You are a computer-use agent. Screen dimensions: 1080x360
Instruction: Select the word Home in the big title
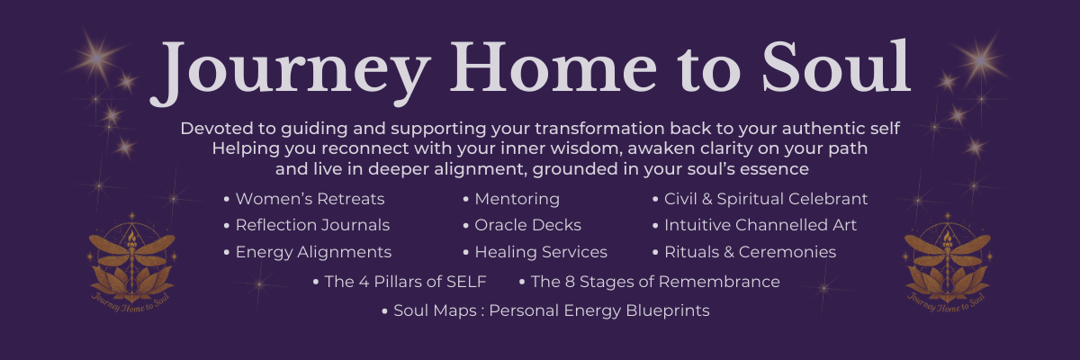point(553,67)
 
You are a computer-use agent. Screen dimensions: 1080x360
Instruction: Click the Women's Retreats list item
point(310,199)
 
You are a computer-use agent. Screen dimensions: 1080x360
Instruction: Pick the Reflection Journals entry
point(312,225)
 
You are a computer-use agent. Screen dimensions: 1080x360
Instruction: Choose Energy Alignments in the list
point(313,252)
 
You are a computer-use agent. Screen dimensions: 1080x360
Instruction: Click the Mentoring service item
point(517,199)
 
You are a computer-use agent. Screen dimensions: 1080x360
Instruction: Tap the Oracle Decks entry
point(528,225)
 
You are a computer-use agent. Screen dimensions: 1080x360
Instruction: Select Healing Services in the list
point(541,252)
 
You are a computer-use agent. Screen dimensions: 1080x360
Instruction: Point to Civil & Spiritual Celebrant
point(766,199)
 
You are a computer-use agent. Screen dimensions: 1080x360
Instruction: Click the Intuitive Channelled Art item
point(760,225)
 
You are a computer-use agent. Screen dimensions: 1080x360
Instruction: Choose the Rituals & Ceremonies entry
point(751,252)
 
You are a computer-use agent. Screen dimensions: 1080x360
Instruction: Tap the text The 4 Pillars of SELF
point(405,282)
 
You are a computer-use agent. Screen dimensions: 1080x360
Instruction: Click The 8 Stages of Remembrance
point(655,282)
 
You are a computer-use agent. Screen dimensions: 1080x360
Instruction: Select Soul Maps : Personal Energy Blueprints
point(552,310)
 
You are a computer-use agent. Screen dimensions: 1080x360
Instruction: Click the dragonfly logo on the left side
point(131,263)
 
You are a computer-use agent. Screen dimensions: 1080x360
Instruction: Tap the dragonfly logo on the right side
point(947,263)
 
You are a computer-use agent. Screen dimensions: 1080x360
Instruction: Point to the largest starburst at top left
point(97,58)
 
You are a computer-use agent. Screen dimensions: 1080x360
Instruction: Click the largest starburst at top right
point(982,60)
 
